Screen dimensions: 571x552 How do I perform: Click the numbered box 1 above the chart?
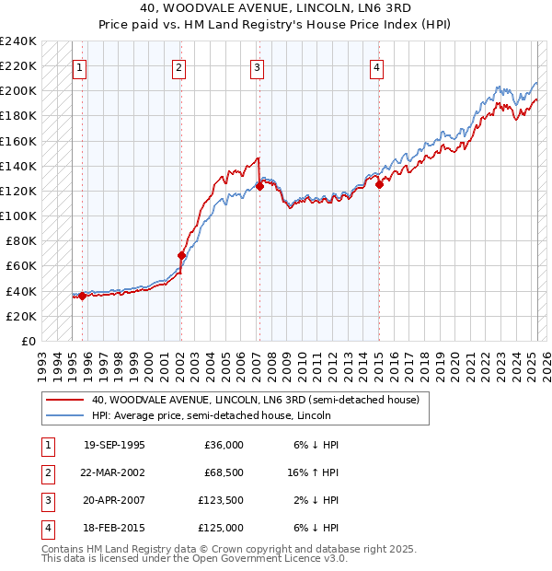(x=79, y=67)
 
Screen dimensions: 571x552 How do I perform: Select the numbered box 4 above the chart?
(x=377, y=67)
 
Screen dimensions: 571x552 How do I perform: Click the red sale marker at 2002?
(x=181, y=255)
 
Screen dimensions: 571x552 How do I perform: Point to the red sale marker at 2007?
(x=259, y=186)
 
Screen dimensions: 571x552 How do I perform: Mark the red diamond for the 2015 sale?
(x=379, y=184)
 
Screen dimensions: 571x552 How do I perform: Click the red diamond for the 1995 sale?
(x=82, y=296)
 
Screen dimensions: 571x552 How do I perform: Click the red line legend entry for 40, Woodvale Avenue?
(x=255, y=401)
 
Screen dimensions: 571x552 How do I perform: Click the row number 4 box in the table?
(x=46, y=529)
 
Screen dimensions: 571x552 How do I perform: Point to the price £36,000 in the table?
(x=224, y=445)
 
